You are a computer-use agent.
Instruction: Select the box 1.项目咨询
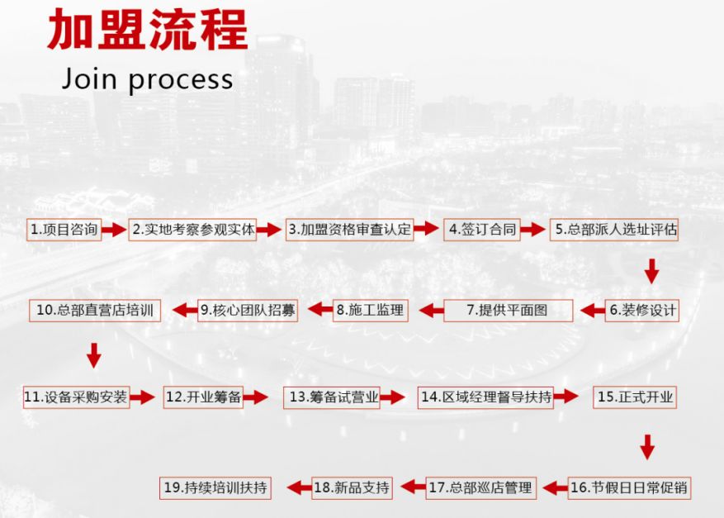pyautogui.click(x=64, y=230)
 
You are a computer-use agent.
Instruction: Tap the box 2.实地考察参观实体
pyautogui.click(x=193, y=230)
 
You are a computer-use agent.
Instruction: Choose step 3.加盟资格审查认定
pyautogui.click(x=349, y=230)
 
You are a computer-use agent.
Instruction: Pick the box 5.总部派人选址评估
pyautogui.click(x=615, y=230)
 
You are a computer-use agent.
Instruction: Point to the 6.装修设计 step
pyautogui.click(x=643, y=311)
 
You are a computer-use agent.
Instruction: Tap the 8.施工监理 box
pyautogui.click(x=370, y=311)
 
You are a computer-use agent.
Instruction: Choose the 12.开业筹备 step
pyautogui.click(x=203, y=397)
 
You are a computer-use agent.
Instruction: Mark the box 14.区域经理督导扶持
pyautogui.click(x=485, y=397)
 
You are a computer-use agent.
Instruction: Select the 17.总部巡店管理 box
pyautogui.click(x=480, y=487)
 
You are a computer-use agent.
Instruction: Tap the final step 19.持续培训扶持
pyautogui.click(x=215, y=487)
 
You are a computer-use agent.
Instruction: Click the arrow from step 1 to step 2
pyautogui.click(x=116, y=230)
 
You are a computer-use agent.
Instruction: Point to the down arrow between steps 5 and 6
pyautogui.click(x=651, y=270)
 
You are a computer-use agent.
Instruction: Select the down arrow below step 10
pyautogui.click(x=94, y=354)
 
